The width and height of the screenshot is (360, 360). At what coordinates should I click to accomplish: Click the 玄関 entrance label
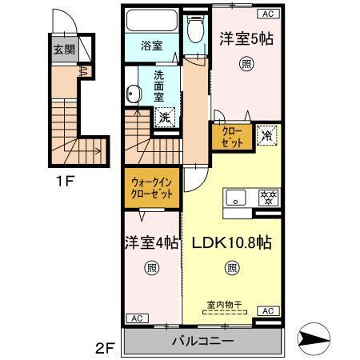tap(63, 50)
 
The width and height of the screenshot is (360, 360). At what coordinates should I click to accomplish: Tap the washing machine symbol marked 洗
tap(163, 117)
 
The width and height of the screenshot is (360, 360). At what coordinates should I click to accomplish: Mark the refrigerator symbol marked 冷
tap(266, 137)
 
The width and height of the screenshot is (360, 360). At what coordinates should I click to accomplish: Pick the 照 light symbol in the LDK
tap(230, 270)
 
